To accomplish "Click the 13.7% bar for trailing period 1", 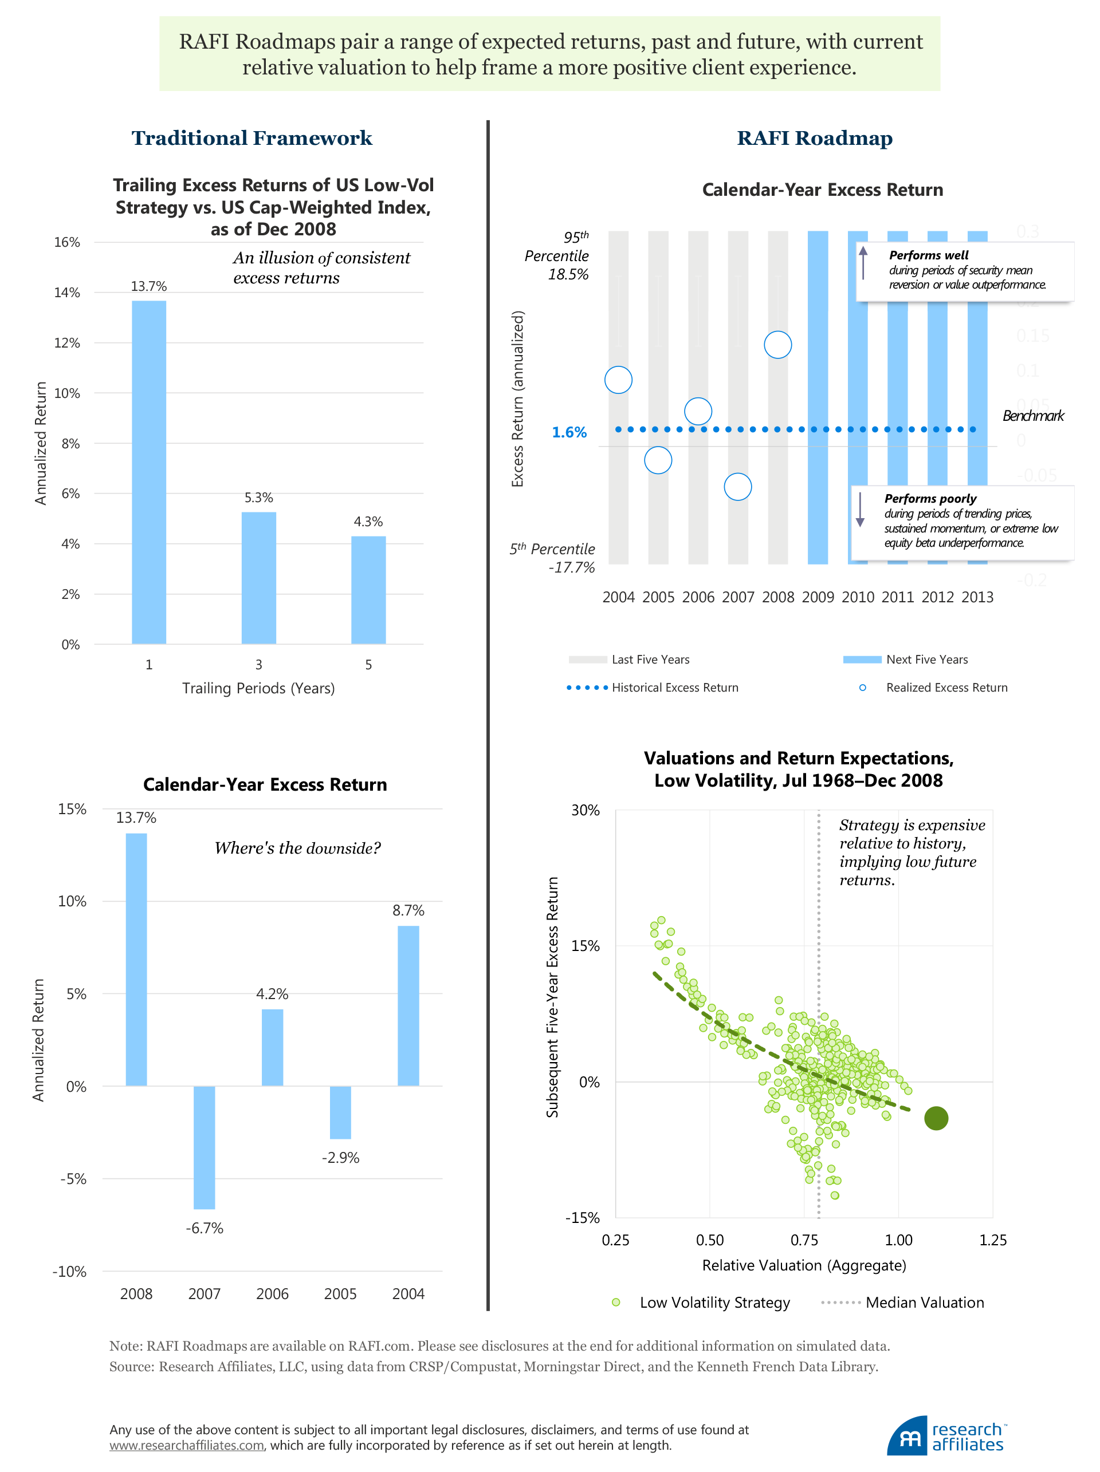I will click(x=148, y=472).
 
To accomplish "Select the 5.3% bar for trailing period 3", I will click(x=258, y=578).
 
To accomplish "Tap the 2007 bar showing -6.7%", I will click(x=205, y=1147).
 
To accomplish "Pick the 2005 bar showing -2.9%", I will click(x=340, y=1112).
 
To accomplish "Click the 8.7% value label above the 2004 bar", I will click(x=408, y=910).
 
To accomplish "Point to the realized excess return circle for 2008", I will click(x=777, y=345).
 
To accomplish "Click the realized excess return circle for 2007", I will click(x=738, y=487).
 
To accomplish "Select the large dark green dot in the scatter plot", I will click(x=936, y=1119).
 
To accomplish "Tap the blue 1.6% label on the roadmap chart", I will click(x=569, y=432).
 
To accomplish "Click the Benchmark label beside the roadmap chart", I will click(x=1033, y=416).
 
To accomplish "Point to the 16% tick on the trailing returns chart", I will click(x=66, y=242).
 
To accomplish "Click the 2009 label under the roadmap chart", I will click(x=818, y=598).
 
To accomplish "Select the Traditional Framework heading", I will click(x=252, y=138).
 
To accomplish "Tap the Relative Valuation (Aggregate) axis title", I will click(x=804, y=1265).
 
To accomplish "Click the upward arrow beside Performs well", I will click(x=863, y=263).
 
